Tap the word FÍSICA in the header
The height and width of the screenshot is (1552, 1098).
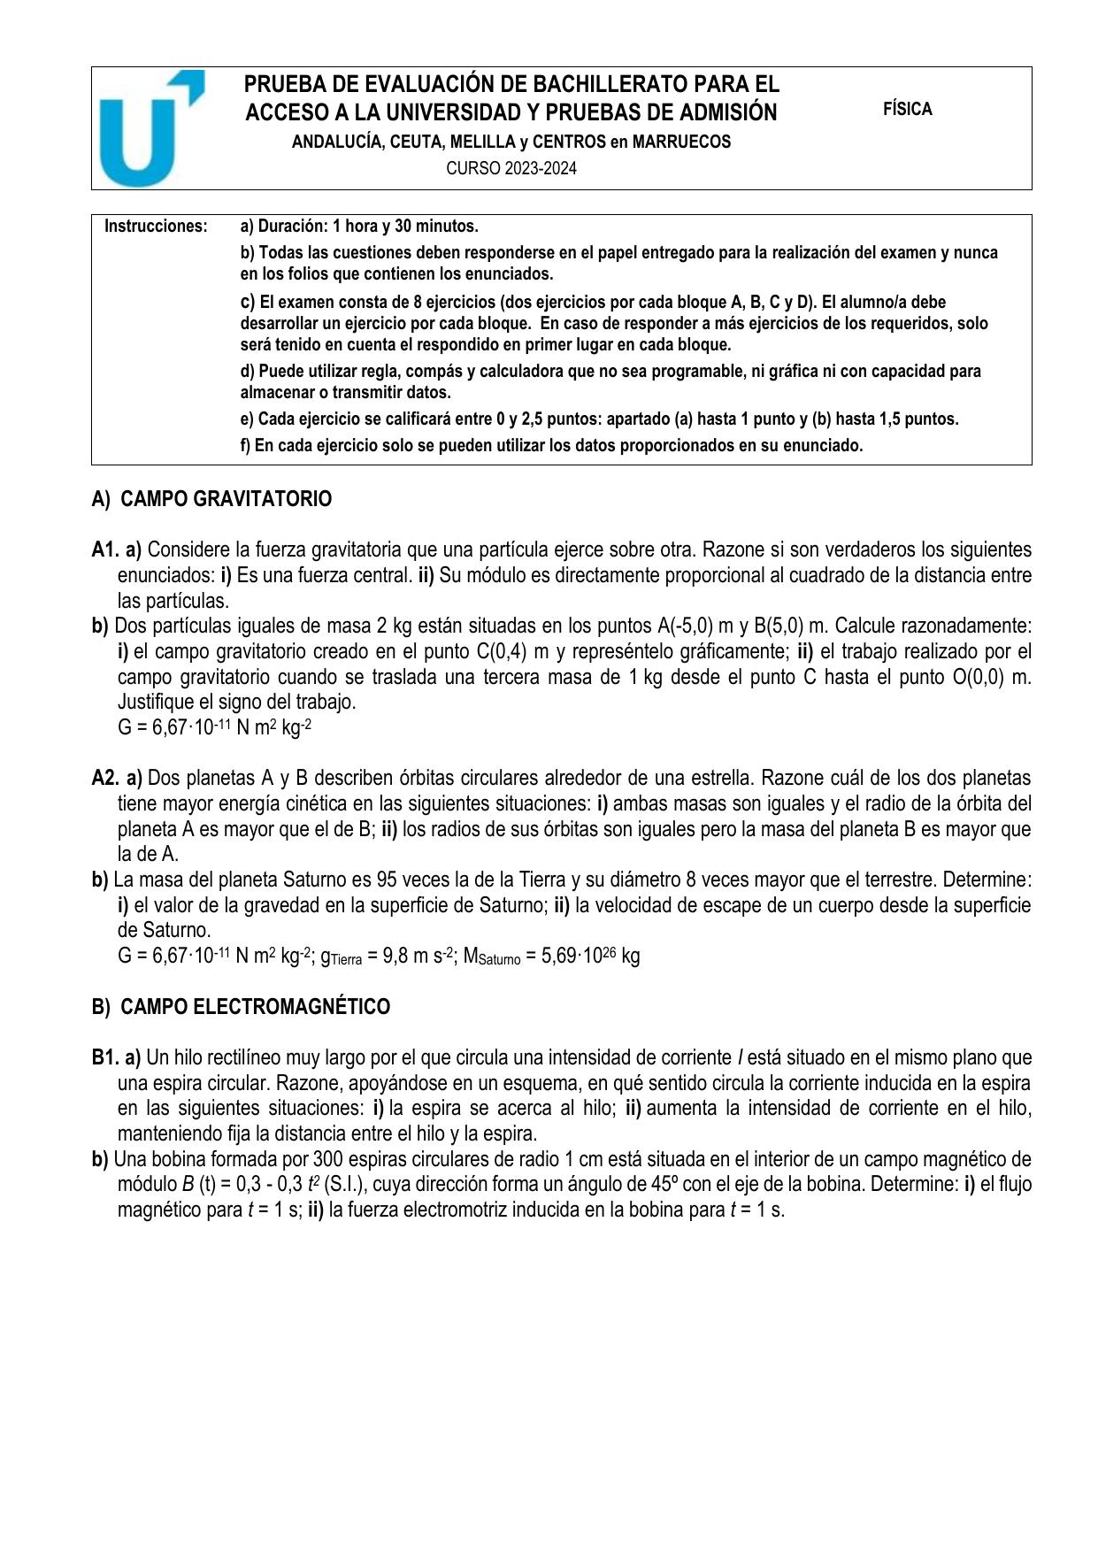(x=907, y=110)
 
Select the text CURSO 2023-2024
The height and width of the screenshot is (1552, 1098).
(x=511, y=168)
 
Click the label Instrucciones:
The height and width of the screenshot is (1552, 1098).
(x=156, y=227)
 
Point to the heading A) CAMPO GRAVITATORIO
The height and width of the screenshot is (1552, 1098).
(x=211, y=499)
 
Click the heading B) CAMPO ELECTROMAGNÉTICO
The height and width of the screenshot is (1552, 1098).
(x=241, y=1007)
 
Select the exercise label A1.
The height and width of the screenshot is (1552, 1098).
(x=105, y=550)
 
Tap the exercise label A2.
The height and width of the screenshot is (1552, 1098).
(x=105, y=779)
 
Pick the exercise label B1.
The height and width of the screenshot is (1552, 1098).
(x=104, y=1058)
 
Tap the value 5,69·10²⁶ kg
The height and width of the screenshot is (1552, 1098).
(x=583, y=957)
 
